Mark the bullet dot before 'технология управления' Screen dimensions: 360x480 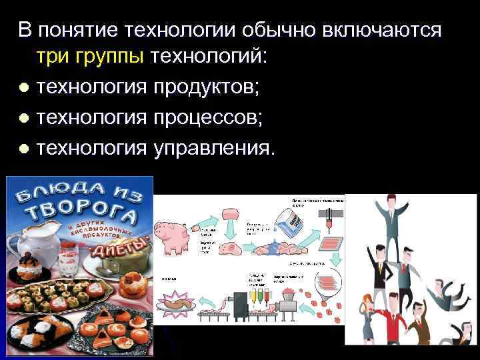point(24,147)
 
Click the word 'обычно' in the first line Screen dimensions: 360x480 point(288,29)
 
